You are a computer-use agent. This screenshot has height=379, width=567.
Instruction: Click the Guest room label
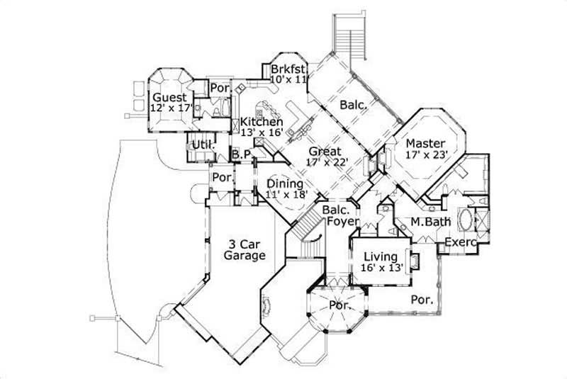click(x=169, y=97)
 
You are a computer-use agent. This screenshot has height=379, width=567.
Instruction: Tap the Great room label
click(x=325, y=151)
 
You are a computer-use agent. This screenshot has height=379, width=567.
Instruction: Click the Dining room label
click(x=285, y=184)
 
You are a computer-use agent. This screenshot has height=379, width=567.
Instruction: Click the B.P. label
click(x=241, y=155)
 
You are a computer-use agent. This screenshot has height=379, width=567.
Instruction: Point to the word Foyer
click(x=342, y=222)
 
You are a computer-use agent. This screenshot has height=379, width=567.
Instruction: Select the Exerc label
click(x=461, y=244)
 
